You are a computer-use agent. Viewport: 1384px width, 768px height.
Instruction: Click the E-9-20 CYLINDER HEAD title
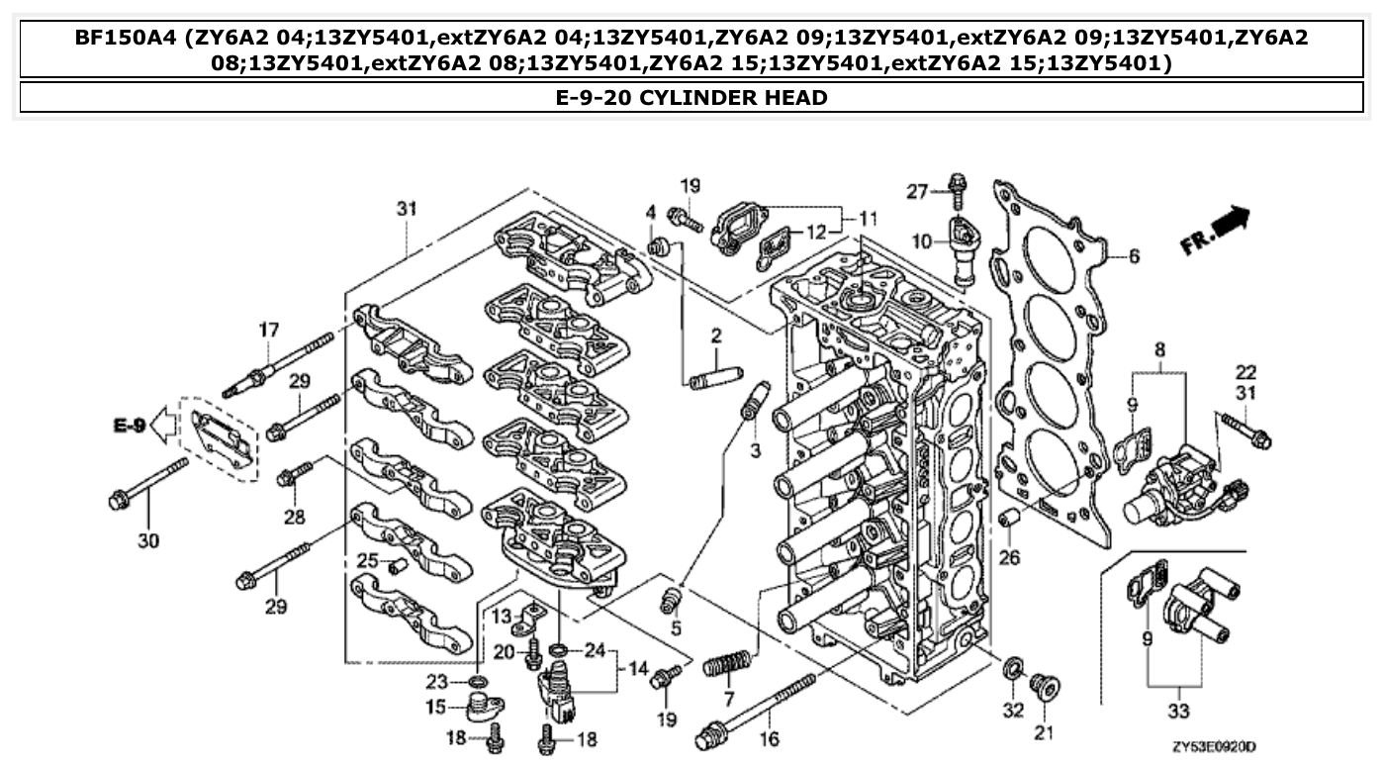(692, 97)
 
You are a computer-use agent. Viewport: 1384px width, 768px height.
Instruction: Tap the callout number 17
(269, 330)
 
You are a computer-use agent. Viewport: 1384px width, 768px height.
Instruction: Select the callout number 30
(148, 540)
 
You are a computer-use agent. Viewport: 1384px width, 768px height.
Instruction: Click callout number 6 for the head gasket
(1133, 256)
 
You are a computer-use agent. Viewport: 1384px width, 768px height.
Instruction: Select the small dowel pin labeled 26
(1008, 519)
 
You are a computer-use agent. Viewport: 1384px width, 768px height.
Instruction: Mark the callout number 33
(1178, 711)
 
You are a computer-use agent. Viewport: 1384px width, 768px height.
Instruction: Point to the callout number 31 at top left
(407, 209)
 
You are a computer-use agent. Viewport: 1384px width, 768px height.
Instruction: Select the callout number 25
(367, 561)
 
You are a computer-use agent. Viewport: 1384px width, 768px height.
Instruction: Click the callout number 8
(1159, 348)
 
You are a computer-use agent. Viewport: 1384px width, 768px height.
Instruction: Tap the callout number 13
(502, 618)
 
